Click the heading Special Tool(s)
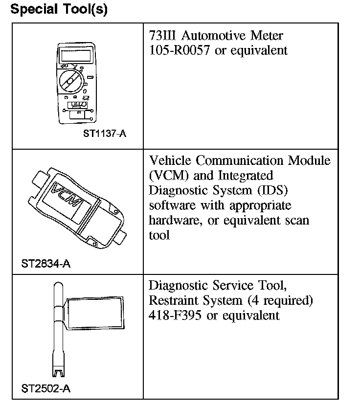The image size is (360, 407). pyautogui.click(x=59, y=10)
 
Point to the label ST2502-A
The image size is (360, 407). pyautogui.click(x=46, y=389)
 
